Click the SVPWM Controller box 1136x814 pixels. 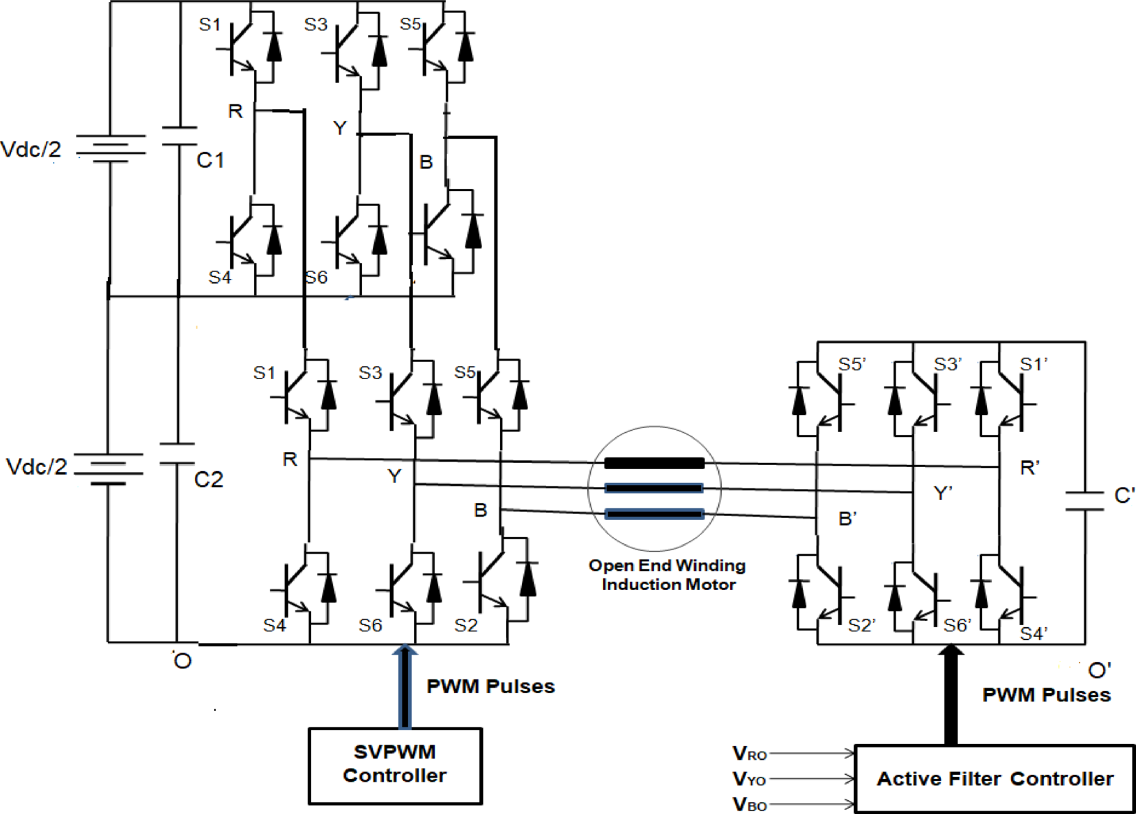point(395,765)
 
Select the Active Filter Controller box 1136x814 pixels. point(994,778)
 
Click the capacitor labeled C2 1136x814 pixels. point(177,454)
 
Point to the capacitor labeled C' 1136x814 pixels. point(1084,501)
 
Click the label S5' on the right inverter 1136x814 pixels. point(852,364)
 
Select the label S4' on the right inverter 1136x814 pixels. point(1033,633)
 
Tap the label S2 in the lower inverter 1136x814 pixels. point(466,625)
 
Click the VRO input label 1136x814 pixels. point(749,754)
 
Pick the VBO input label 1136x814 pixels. point(749,804)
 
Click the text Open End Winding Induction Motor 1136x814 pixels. point(667,575)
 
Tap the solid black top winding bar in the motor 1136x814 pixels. point(654,464)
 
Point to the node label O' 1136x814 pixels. point(1100,670)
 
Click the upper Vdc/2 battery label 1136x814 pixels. point(31,149)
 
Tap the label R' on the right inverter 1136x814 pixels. point(1030,468)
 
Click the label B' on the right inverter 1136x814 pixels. point(848,519)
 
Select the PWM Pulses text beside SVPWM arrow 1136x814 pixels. point(490,686)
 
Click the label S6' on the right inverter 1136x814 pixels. point(957,625)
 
